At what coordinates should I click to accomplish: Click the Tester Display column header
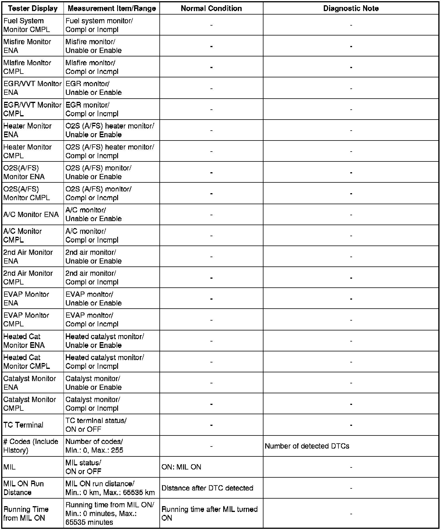click(33, 8)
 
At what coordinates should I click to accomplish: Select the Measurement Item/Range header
click(112, 8)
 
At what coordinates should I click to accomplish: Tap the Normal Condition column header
click(211, 8)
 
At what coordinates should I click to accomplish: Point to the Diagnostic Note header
click(351, 8)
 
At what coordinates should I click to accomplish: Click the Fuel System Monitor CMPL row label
click(27, 25)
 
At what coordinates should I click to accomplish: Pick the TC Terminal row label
click(23, 425)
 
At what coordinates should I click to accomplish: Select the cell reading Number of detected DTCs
click(307, 446)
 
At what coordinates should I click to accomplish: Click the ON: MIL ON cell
click(181, 467)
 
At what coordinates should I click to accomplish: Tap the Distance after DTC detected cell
click(207, 488)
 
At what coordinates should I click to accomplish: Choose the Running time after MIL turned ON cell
click(210, 513)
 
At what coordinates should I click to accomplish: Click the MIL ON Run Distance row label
click(24, 488)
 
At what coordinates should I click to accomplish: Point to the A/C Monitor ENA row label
click(31, 215)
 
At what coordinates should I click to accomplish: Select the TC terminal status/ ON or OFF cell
click(96, 425)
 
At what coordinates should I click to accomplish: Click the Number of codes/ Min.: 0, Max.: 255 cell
click(94, 446)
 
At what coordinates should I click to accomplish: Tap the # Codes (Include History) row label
click(31, 446)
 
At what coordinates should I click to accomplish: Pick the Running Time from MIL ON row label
click(26, 513)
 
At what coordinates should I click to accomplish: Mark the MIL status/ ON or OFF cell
click(83, 467)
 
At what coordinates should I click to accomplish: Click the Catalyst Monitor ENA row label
click(29, 383)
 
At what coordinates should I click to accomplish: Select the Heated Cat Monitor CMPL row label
click(27, 362)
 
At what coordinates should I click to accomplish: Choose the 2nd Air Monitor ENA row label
click(28, 257)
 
